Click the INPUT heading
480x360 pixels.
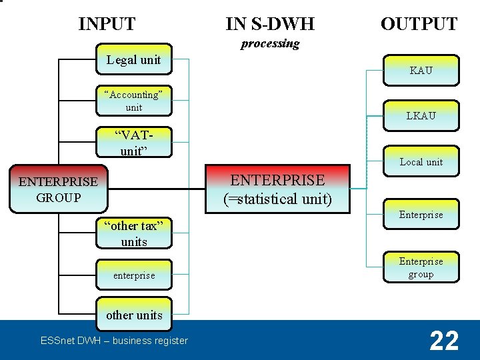pyautogui.click(x=107, y=25)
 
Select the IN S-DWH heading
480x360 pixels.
pyautogui.click(x=270, y=25)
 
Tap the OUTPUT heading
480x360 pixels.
pyautogui.click(x=419, y=25)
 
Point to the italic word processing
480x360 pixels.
pyautogui.click(x=270, y=44)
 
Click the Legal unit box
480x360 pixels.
pyautogui.click(x=133, y=60)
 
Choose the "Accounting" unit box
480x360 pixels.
pyautogui.click(x=133, y=101)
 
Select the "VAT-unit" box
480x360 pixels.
pyautogui.click(x=133, y=143)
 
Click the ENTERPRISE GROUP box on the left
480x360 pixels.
pyautogui.click(x=58, y=189)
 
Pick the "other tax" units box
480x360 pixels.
pyautogui.click(x=133, y=233)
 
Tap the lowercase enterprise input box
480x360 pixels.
pyautogui.click(x=133, y=275)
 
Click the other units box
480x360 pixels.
pyautogui.click(x=133, y=315)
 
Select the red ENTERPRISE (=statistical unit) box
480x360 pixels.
pyautogui.click(x=277, y=189)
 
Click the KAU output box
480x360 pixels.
pyautogui.click(x=421, y=70)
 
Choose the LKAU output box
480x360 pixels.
pyautogui.click(x=421, y=116)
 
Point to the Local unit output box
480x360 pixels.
pyautogui.click(x=421, y=162)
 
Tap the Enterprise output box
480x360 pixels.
pyautogui.click(x=421, y=215)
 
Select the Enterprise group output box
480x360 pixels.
pyautogui.click(x=421, y=267)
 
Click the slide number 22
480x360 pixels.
pyautogui.click(x=444, y=341)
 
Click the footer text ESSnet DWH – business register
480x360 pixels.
pyautogui.click(x=114, y=341)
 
